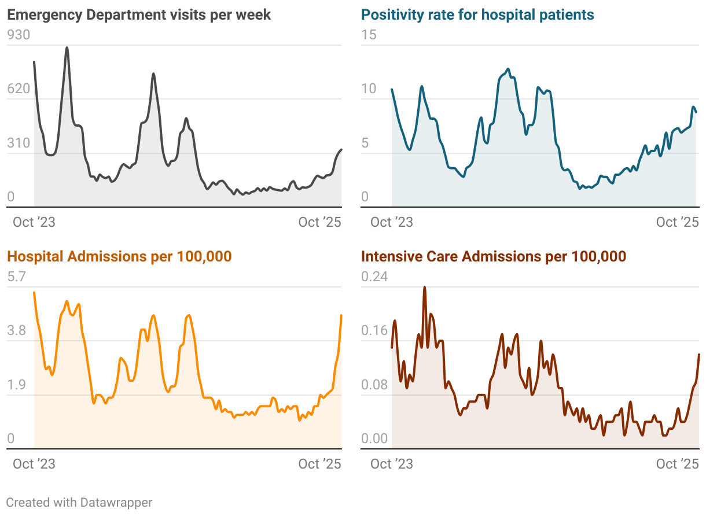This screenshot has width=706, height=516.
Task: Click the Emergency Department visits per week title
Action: [139, 14]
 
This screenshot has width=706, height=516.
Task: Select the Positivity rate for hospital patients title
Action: [477, 14]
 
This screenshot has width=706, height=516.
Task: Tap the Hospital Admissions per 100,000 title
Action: [119, 256]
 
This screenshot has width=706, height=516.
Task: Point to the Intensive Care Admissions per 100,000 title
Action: [494, 256]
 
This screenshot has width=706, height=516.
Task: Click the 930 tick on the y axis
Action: [18, 35]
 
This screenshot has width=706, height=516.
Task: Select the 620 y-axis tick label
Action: [18, 89]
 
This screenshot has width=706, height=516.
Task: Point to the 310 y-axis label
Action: [18, 143]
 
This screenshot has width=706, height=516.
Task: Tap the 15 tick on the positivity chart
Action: [368, 35]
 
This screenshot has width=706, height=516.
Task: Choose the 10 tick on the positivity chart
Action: [368, 89]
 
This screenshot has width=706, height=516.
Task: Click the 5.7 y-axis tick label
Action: [16, 277]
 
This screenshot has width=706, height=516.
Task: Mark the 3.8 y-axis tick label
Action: [16, 331]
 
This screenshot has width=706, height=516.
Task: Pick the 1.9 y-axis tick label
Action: [16, 385]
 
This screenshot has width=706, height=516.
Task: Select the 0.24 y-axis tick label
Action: [374, 277]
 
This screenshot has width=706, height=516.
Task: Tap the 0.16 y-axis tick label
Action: [374, 331]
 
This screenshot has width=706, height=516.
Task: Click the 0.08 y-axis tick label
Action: [374, 385]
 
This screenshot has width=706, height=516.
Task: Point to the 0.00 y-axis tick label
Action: [374, 438]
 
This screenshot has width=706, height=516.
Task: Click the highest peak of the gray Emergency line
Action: [67, 47]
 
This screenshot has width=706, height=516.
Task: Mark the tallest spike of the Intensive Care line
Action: [424, 287]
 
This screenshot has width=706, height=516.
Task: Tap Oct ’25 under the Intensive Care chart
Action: [678, 464]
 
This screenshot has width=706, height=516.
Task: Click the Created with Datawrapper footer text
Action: [79, 502]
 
